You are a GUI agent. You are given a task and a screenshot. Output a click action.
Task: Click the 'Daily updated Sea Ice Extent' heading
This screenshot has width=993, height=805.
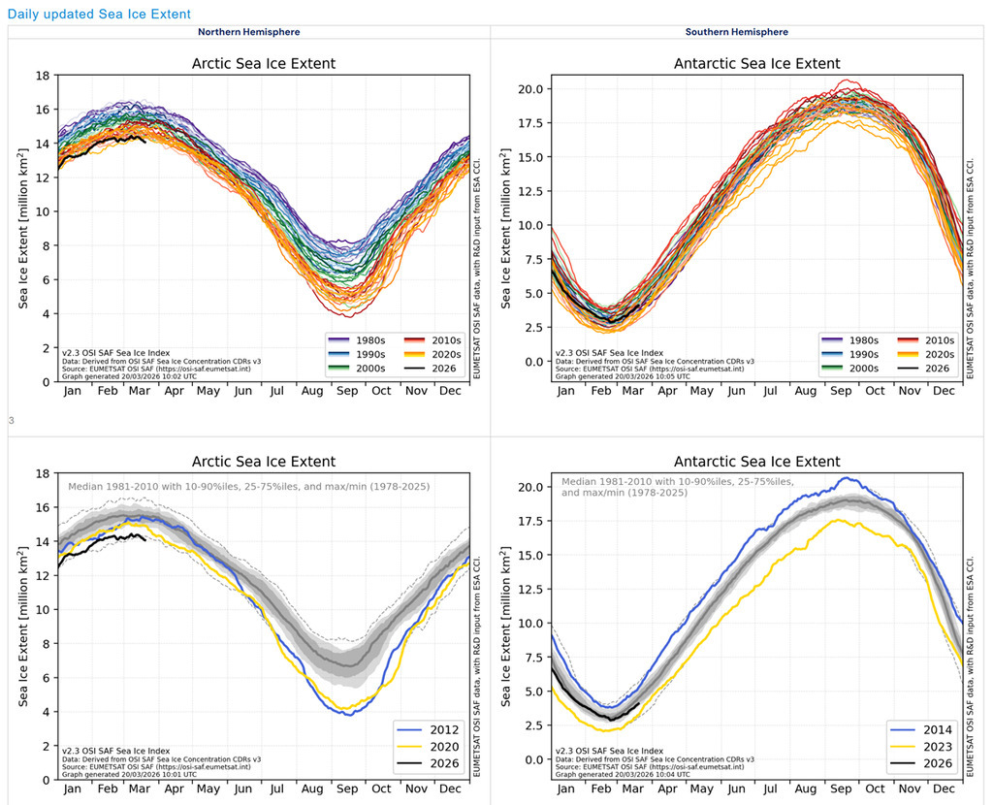pos(99,15)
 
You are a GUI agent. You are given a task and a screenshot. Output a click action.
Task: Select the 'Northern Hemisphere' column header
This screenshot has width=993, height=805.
pos(249,32)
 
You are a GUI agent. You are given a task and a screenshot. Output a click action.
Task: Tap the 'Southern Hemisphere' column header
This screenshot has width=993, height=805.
pos(737,32)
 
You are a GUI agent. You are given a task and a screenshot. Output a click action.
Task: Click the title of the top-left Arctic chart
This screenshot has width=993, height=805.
pos(264,64)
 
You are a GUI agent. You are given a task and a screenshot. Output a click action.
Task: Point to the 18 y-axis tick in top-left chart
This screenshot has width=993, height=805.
pos(44,76)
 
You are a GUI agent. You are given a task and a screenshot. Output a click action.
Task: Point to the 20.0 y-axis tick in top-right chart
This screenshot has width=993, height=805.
pos(534,89)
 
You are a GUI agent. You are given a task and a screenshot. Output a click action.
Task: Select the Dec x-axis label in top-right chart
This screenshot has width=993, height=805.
pos(943,391)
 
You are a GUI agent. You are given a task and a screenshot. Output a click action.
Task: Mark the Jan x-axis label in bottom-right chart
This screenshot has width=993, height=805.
pos(565,789)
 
